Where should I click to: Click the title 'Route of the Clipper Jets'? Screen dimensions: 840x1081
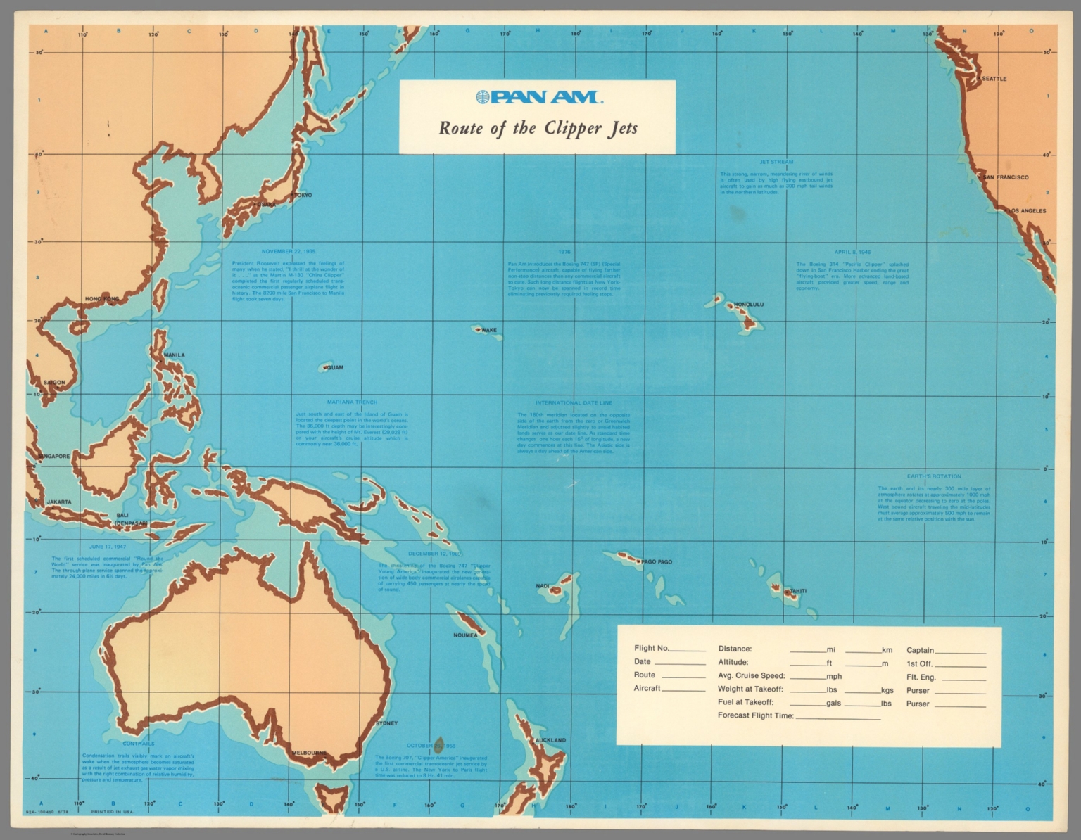[538, 129]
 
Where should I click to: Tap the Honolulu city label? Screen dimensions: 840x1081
[748, 305]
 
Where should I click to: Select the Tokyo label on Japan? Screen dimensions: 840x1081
[303, 195]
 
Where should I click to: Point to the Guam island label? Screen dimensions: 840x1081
[335, 367]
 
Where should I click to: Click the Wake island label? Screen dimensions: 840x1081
[488, 330]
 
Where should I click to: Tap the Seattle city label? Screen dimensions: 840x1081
[994, 79]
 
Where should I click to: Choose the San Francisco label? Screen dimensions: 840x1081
[1006, 177]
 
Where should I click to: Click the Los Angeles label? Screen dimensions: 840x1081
[1028, 211]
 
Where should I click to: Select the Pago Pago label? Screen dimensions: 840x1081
[657, 562]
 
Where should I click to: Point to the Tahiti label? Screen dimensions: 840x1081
[797, 591]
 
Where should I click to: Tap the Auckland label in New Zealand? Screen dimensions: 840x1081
[550, 740]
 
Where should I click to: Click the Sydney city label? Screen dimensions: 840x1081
[386, 723]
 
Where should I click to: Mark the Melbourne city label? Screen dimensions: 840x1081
[309, 753]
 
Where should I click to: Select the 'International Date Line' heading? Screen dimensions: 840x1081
[574, 403]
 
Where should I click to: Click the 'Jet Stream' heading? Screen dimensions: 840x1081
[776, 162]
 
